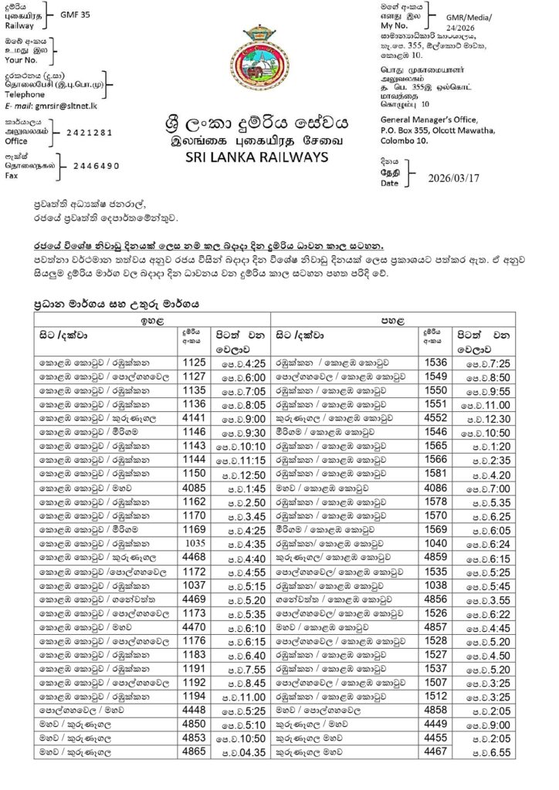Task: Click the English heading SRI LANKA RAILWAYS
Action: coord(256,157)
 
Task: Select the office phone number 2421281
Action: coord(90,133)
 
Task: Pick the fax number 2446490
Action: coord(97,166)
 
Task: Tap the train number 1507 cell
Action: coord(436,682)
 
